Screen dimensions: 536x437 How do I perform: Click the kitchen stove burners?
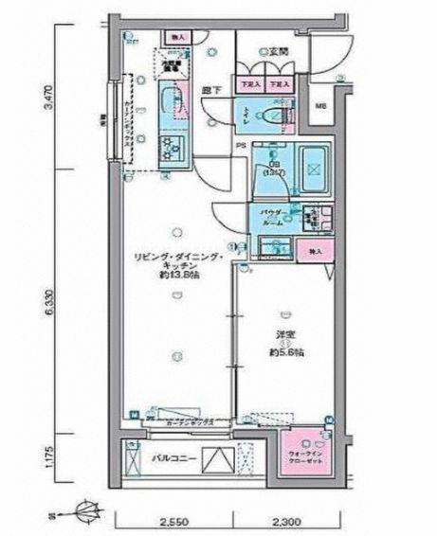click(171, 147)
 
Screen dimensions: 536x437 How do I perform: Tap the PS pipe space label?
click(241, 145)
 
